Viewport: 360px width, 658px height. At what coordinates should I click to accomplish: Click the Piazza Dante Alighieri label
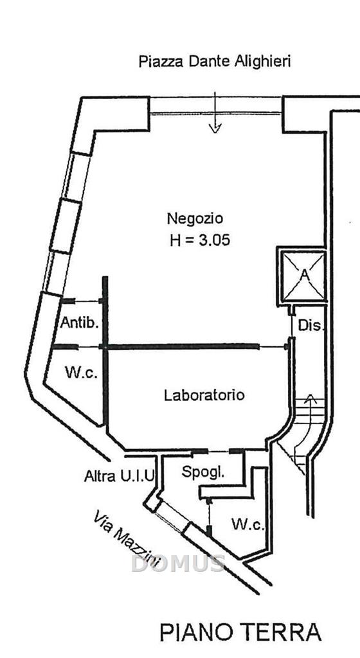[x=215, y=62]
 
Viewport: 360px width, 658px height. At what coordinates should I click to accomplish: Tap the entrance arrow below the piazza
[x=215, y=112]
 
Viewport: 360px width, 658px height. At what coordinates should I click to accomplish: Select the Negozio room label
[x=195, y=218]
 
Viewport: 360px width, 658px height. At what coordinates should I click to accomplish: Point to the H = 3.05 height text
[x=200, y=240]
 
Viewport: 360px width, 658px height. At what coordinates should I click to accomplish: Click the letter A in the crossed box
[x=305, y=275]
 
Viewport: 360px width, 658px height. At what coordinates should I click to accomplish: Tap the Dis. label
[x=311, y=325]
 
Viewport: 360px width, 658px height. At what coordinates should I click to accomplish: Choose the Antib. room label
[x=79, y=323]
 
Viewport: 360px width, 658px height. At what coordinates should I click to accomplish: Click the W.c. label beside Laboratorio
[x=82, y=372]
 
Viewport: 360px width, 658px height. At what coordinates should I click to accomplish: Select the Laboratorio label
[x=204, y=395]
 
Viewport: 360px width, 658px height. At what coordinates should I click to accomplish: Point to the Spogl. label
[x=203, y=472]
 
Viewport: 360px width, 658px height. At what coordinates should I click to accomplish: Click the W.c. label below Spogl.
[x=248, y=524]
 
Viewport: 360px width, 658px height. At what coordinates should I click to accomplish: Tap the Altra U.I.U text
[x=119, y=476]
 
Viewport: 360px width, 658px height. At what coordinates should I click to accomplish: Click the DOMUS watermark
[x=178, y=563]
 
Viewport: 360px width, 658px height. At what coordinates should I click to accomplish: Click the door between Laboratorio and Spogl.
[x=218, y=451]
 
